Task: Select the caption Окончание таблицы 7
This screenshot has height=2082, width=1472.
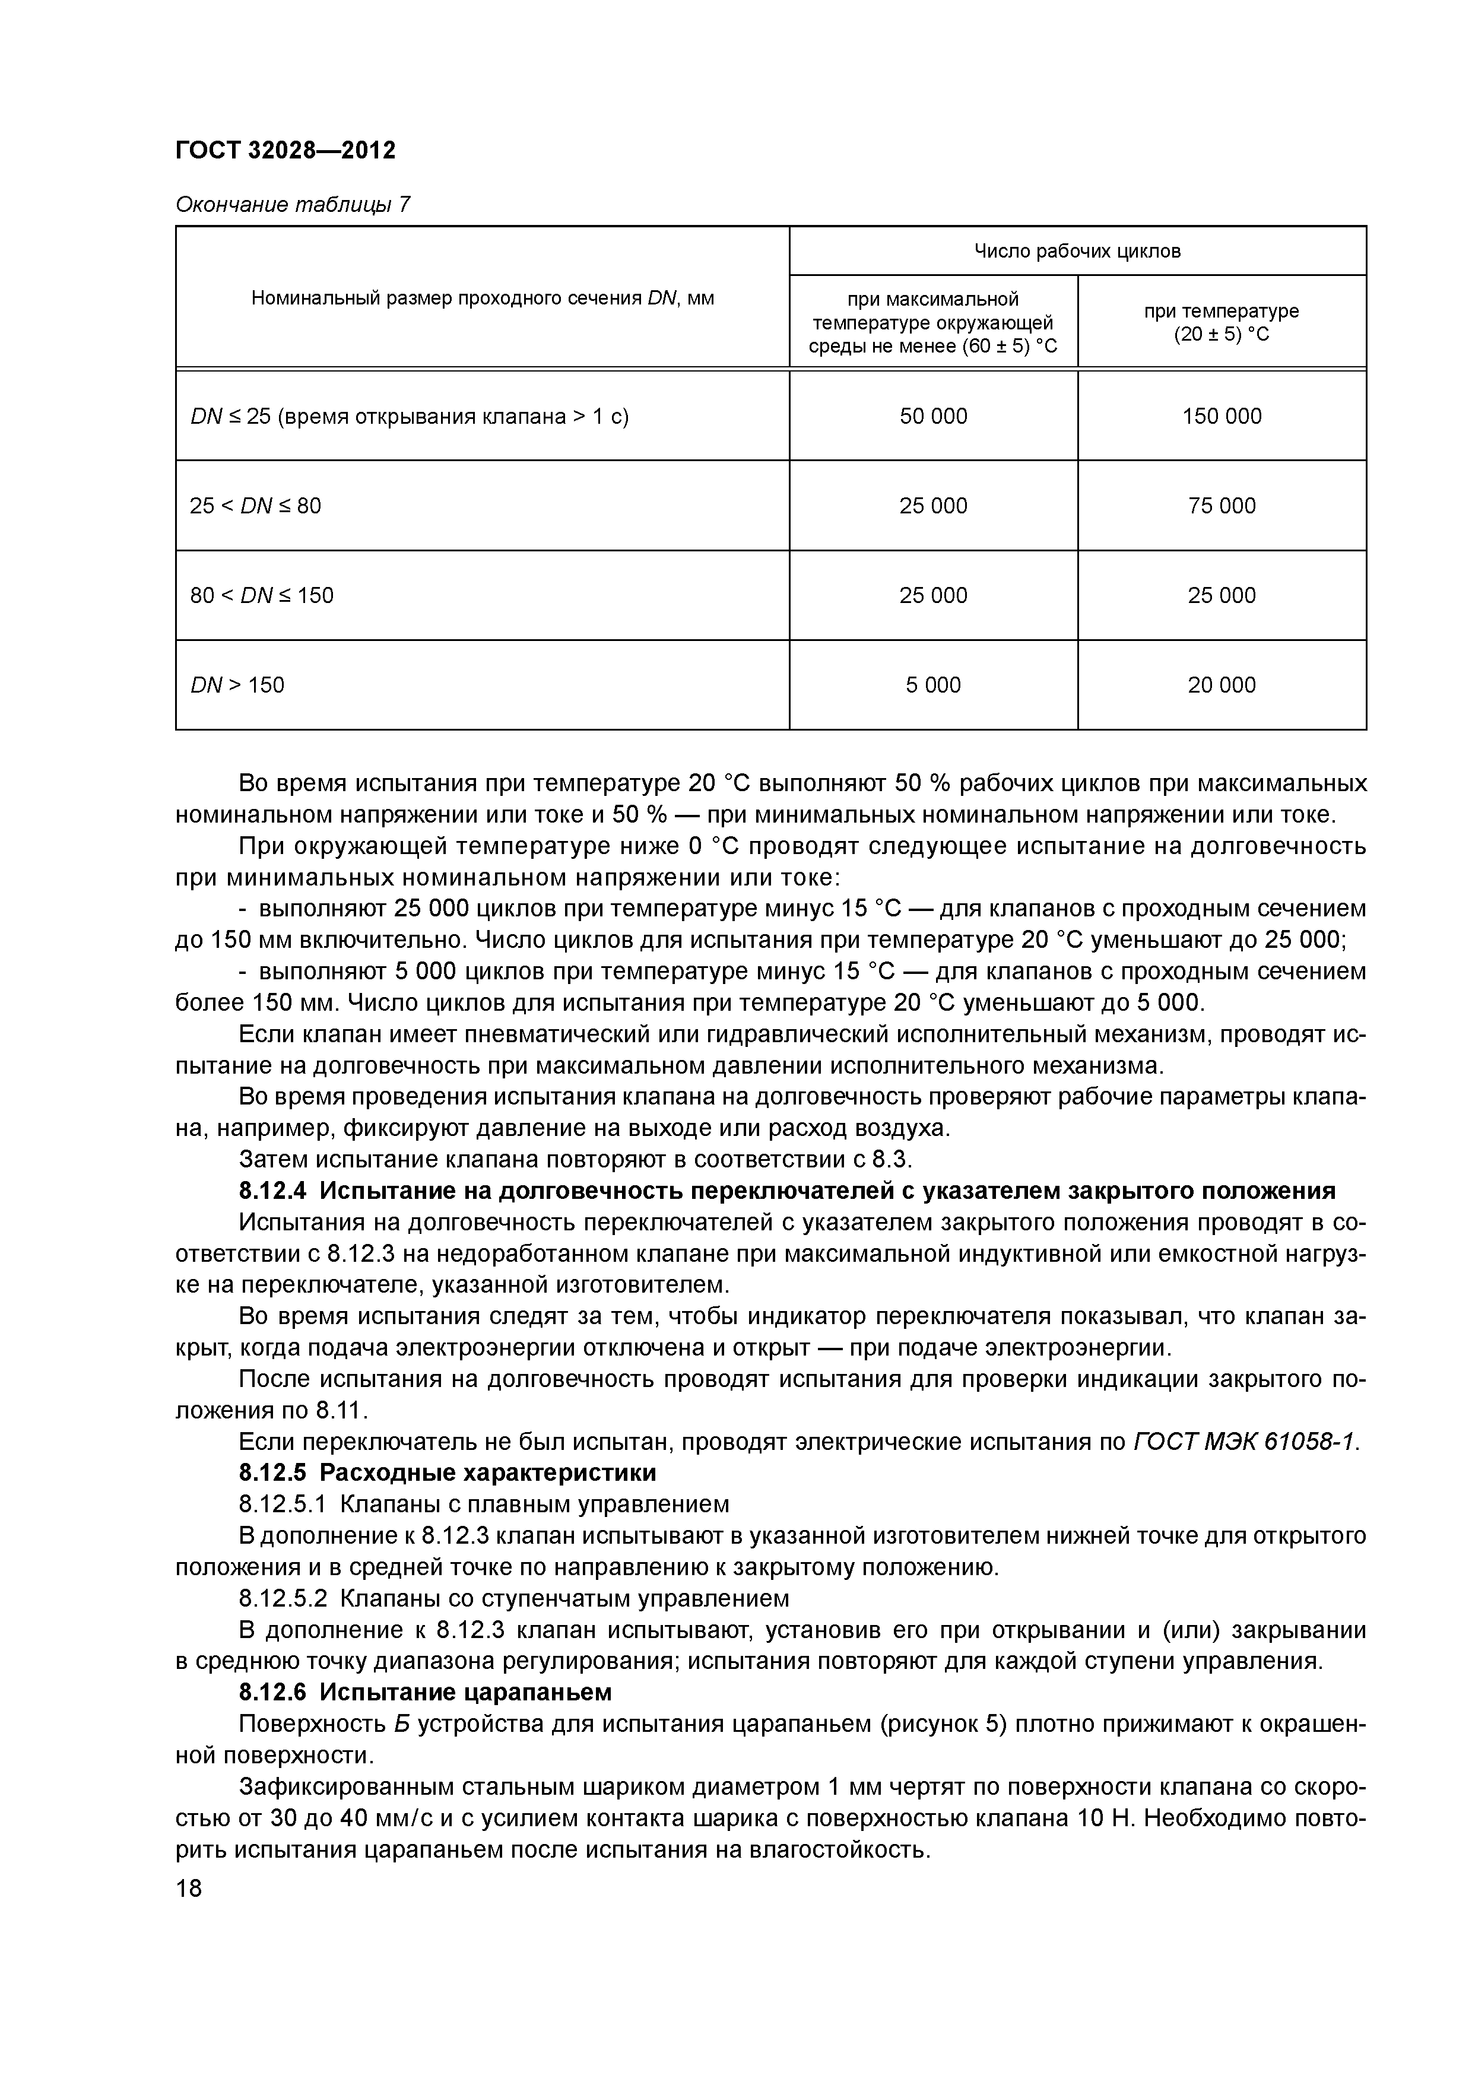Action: [292, 205]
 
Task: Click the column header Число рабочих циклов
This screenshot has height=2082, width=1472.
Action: [1077, 251]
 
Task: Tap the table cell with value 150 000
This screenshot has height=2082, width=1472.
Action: [1221, 416]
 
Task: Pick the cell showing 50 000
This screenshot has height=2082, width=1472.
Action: [932, 416]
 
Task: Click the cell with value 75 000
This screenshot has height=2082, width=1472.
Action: [1221, 506]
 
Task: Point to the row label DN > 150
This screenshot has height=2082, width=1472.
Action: [237, 685]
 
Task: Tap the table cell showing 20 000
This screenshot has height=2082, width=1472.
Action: [1221, 685]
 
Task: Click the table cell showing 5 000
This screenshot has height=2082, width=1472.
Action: [932, 685]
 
